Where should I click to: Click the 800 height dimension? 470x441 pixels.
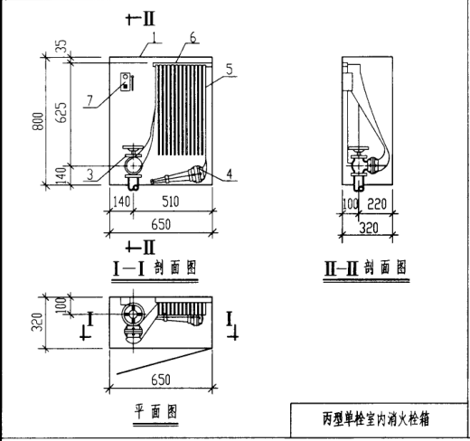tap(38, 121)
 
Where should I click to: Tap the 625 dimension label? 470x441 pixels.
tap(61, 113)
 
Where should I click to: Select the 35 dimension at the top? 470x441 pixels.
tap(61, 46)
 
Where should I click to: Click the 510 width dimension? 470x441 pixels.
tap(171, 202)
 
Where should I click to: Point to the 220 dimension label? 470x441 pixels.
tap(377, 204)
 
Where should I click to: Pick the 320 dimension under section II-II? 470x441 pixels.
tap(369, 228)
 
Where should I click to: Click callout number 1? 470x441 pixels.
tap(154, 37)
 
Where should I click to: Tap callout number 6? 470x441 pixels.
tap(193, 38)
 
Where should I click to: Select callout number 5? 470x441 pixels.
tap(230, 70)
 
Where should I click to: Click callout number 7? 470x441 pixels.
tap(89, 100)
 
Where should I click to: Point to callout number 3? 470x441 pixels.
tap(90, 174)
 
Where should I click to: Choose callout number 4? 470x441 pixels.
tap(230, 174)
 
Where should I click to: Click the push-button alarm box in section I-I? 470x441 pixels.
tap(126, 81)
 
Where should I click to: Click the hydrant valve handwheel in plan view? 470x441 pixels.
tap(133, 314)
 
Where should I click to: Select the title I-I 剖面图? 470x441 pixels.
tap(155, 267)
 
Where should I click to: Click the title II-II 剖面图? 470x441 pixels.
tap(365, 267)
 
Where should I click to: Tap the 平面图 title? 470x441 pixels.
tap(155, 411)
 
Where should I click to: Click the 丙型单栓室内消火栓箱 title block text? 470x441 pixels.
tap(376, 419)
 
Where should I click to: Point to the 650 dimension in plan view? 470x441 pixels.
tap(161, 380)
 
